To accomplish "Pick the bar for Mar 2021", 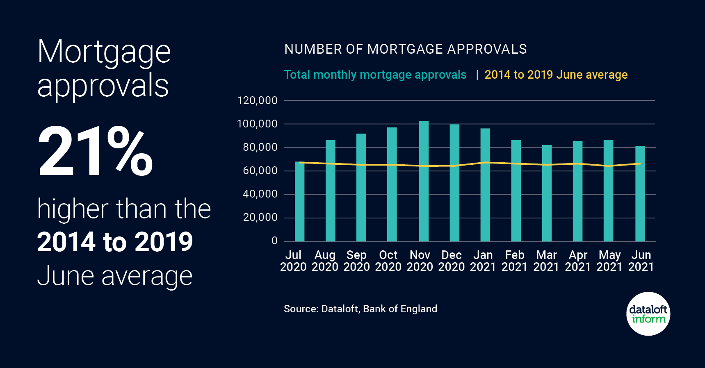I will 547,193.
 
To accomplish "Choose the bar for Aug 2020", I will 330,191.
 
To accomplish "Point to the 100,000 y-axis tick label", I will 257,124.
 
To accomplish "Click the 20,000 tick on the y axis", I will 260,218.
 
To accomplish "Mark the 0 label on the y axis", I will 274,241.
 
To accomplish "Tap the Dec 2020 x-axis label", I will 451,261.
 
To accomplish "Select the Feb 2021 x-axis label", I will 514,261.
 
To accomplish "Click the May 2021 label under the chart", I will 609,261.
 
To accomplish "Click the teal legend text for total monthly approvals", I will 375,75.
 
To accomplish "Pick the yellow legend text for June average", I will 556,75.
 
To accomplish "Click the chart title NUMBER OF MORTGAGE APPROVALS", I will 405,49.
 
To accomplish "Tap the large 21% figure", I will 95,152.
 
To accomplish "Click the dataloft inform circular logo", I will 648,314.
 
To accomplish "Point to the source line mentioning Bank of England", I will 360,309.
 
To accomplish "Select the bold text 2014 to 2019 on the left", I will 115,242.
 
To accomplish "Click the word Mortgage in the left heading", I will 104,52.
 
